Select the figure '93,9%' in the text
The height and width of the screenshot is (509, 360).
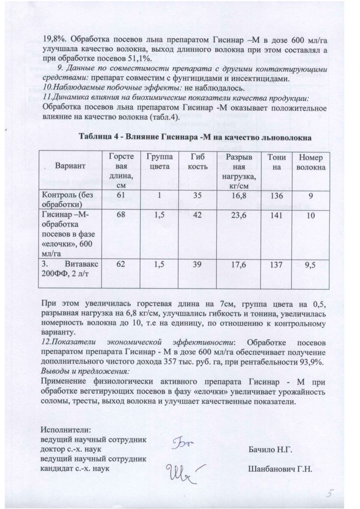click(310, 361)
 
